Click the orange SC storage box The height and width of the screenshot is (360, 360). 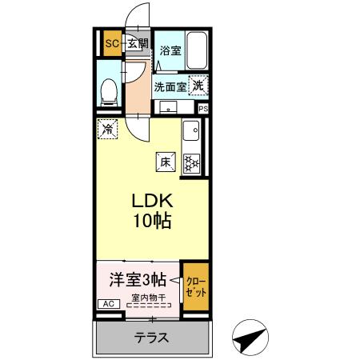pos(111,44)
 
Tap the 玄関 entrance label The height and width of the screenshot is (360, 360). pos(137,44)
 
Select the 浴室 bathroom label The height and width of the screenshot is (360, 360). pos(169,50)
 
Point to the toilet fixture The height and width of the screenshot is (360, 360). pos(108,90)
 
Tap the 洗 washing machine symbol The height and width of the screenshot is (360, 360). pos(197,83)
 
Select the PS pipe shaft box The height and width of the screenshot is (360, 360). pos(202,109)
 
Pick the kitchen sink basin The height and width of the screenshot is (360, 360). pos(192,130)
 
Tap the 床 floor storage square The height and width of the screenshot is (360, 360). pos(166,161)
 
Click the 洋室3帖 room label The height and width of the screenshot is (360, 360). pos(137,280)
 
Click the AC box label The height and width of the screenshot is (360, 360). pos(106,304)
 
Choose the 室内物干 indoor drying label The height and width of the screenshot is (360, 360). pos(149,299)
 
